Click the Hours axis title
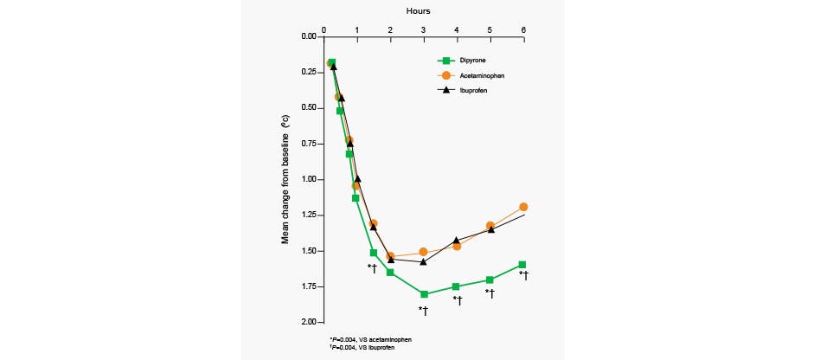[419, 10]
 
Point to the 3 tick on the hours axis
[423, 29]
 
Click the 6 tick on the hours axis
[523, 29]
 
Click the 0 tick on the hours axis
[323, 29]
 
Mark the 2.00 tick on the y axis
[309, 322]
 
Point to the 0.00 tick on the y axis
[309, 37]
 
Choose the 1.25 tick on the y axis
[309, 215]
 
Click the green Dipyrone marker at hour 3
[424, 294]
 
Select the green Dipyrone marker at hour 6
[522, 265]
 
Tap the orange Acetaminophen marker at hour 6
[523, 207]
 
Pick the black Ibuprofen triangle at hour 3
[423, 261]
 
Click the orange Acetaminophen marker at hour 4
[457, 246]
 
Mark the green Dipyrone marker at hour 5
[490, 280]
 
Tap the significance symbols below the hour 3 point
[424, 310]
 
